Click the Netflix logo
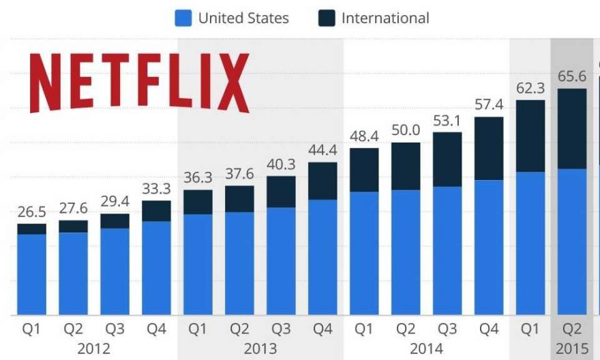(140, 82)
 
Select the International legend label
(385, 18)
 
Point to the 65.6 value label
(571, 76)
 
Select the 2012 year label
(93, 348)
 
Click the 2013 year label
(260, 348)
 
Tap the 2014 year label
(426, 348)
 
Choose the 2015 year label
(571, 348)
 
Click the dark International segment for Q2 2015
(571, 128)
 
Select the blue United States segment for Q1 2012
(31, 274)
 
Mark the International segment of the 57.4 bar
(488, 148)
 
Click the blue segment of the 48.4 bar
(363, 253)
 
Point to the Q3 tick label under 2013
(280, 330)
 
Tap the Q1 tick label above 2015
(530, 330)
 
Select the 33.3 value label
(156, 189)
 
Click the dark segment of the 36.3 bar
(198, 202)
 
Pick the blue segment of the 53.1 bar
(447, 250)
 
